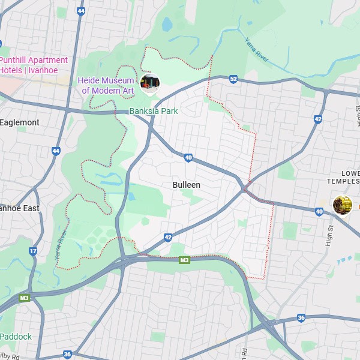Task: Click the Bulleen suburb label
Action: click(186, 185)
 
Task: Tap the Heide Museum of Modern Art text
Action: click(106, 85)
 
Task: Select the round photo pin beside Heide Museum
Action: click(149, 83)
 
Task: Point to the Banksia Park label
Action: click(154, 111)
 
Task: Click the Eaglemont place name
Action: click(20, 122)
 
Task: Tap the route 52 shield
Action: click(233, 79)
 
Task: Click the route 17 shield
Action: click(33, 251)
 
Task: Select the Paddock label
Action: click(16, 337)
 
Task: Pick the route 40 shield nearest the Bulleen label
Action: click(188, 158)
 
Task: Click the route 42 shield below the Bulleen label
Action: click(168, 238)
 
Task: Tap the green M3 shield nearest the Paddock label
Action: click(24, 298)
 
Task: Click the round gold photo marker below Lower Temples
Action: click(343, 205)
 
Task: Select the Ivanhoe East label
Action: click(19, 208)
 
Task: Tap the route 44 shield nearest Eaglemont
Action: click(56, 151)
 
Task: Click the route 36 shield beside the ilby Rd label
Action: click(67, 355)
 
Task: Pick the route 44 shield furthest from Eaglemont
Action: click(81, 11)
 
